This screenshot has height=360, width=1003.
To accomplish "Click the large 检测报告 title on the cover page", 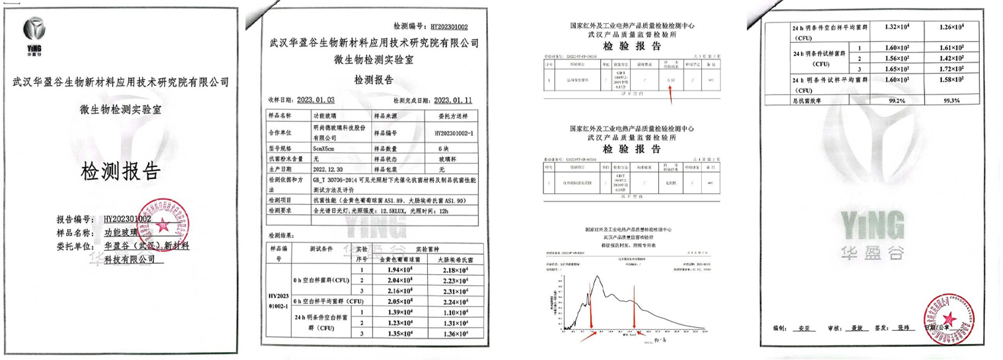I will (120, 172).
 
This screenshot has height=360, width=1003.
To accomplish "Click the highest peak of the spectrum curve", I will (598, 277).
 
